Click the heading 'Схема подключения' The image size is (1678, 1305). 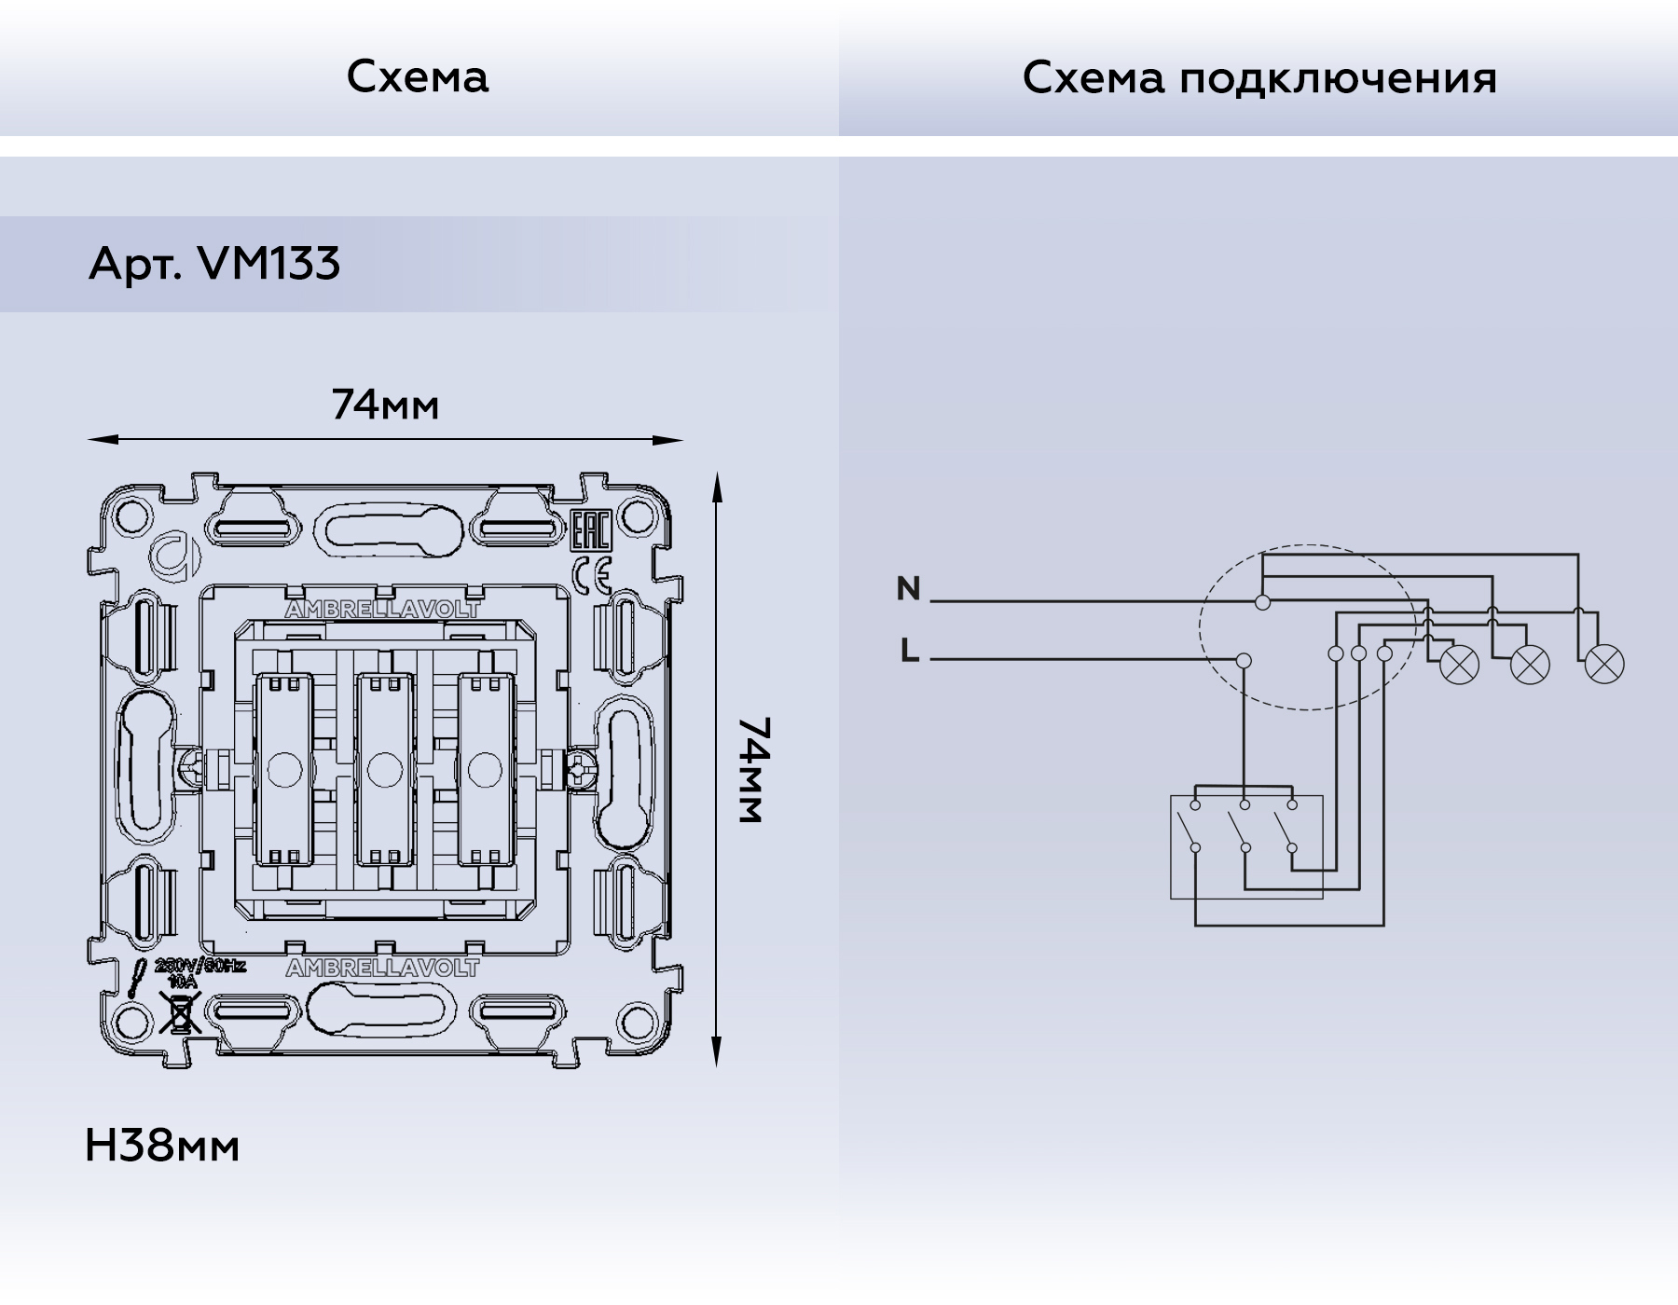point(1258,78)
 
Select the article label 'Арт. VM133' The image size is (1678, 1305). point(214,264)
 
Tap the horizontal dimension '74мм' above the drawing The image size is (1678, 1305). point(385,405)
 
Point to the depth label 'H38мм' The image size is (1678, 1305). point(162,1146)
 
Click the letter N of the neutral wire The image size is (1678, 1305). point(908,589)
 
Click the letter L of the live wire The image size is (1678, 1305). point(910,651)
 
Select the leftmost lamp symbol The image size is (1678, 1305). point(1460,665)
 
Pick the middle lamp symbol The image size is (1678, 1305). point(1530,665)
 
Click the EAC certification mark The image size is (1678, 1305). point(589,531)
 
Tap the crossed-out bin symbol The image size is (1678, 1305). point(180,1012)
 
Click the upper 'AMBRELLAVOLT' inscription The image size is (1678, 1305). point(382,610)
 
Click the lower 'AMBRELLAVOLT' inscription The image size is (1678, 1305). point(382,968)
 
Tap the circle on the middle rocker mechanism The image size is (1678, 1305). point(381,770)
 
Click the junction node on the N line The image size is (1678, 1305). point(1262,602)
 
